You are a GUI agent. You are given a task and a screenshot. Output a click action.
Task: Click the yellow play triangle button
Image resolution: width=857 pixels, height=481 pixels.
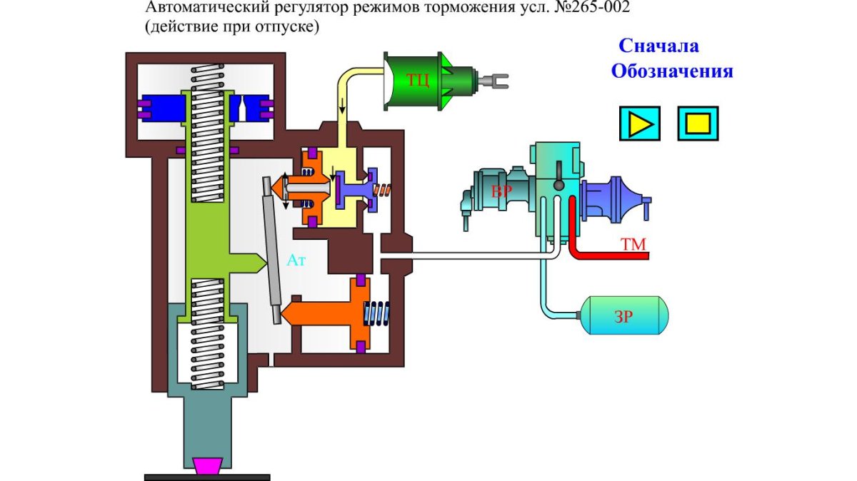640,123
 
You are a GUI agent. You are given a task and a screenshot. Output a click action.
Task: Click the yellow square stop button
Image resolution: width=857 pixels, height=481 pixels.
698,123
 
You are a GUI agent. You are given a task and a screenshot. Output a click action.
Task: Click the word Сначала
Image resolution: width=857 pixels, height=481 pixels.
658,46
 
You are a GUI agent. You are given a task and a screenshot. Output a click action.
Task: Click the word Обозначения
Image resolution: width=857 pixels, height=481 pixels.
672,71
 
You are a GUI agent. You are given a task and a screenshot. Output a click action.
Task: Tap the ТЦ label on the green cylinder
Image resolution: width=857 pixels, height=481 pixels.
418,79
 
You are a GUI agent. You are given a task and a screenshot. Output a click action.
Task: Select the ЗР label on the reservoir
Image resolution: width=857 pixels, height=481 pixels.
623,317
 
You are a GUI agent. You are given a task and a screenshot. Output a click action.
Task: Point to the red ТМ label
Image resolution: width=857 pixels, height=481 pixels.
633,245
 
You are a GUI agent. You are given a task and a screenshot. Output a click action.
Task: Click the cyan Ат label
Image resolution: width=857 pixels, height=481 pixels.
296,260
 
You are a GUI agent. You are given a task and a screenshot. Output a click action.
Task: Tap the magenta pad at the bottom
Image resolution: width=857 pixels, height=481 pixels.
207,466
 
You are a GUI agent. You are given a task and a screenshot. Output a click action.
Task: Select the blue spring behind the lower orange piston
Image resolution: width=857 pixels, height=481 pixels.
379,313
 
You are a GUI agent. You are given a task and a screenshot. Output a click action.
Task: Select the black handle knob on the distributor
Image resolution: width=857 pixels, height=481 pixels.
558,185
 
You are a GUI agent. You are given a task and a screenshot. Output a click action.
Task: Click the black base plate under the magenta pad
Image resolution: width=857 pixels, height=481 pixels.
207,477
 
